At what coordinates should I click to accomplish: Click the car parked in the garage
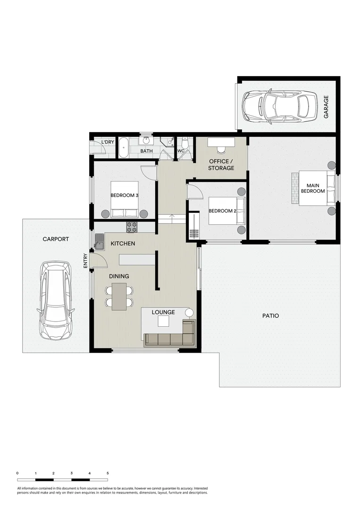(280, 107)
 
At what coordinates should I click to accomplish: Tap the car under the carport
(55, 300)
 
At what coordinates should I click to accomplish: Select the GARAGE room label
(326, 107)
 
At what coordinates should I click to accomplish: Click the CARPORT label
(56, 239)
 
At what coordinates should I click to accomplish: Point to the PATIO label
(270, 315)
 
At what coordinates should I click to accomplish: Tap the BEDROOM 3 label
(125, 195)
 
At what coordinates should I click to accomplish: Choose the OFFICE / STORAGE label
(221, 165)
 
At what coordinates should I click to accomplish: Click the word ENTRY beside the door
(85, 261)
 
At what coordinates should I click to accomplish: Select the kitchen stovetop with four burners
(132, 227)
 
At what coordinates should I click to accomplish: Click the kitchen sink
(100, 241)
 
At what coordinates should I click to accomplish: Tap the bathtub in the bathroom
(123, 148)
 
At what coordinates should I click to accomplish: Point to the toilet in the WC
(185, 143)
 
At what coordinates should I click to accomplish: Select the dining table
(119, 297)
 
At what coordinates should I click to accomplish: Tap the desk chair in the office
(221, 150)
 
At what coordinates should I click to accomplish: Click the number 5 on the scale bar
(108, 473)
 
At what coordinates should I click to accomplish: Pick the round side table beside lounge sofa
(190, 313)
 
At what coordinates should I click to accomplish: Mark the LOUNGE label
(163, 312)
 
